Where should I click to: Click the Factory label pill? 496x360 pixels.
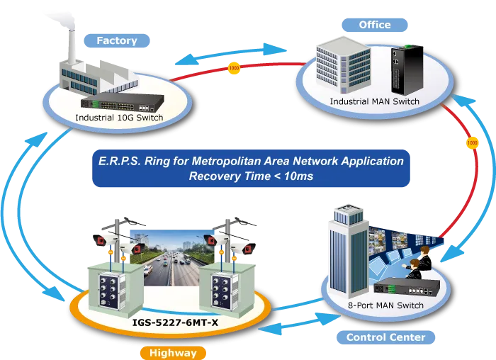[x=117, y=41]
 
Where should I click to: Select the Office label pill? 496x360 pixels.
[x=375, y=25]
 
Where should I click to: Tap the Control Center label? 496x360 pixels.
[x=385, y=337]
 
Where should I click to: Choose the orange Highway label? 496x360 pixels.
[x=173, y=353]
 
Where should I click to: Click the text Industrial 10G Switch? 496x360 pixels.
[x=119, y=118]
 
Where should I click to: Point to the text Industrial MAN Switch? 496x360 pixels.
[x=375, y=101]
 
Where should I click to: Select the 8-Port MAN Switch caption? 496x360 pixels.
[x=385, y=305]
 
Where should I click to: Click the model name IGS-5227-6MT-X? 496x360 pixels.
[x=175, y=322]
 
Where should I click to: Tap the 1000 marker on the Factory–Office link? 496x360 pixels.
[x=234, y=68]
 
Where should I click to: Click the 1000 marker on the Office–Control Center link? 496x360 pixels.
[x=473, y=142]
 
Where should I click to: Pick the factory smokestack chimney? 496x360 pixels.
[x=72, y=46]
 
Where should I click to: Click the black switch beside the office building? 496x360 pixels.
[x=407, y=70]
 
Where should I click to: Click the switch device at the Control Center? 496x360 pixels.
[x=407, y=287]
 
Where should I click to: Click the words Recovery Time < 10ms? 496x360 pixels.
[x=251, y=176]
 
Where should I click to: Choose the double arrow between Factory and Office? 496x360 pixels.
[x=231, y=55]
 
